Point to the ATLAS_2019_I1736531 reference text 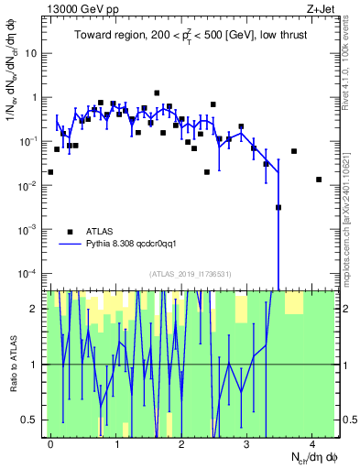191,273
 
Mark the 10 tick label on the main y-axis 31,53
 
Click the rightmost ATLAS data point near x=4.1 319,180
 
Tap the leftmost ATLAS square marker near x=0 50,171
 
